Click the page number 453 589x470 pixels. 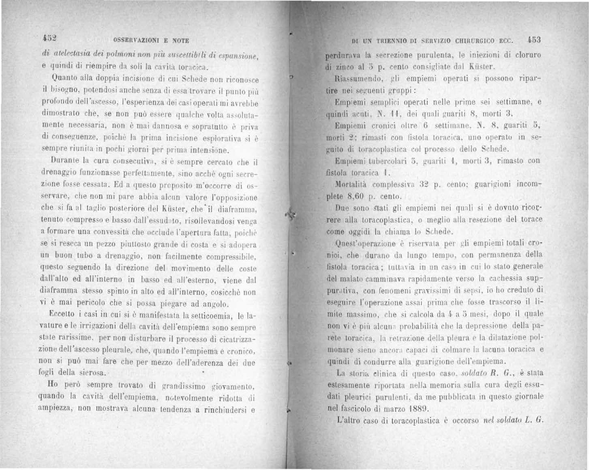[534, 40]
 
